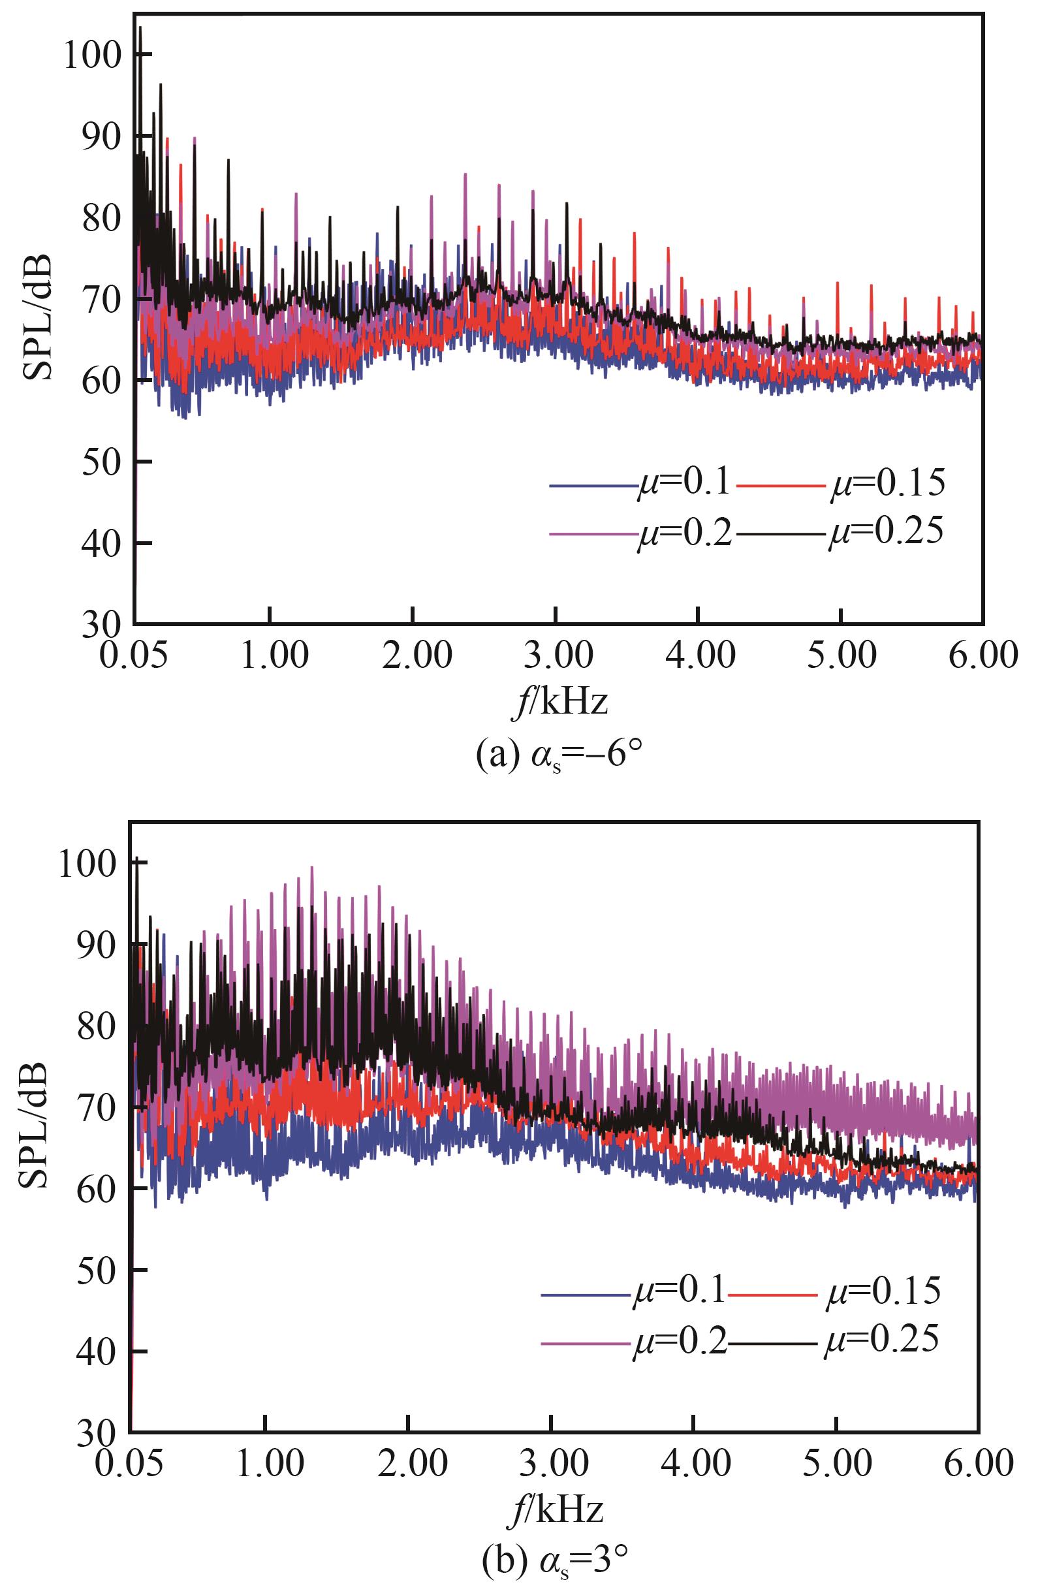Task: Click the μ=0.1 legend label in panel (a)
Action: pyautogui.click(x=683, y=482)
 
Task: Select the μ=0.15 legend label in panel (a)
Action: pyautogui.click(x=887, y=482)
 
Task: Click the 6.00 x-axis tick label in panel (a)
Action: pyautogui.click(x=983, y=655)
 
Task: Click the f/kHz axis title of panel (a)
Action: pyautogui.click(x=559, y=703)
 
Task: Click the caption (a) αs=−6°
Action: pyautogui.click(x=558, y=756)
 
